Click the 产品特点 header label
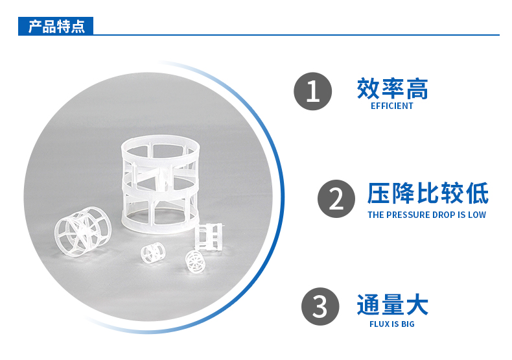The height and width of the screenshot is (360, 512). [x=56, y=26]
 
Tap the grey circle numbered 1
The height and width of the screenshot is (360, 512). [x=313, y=91]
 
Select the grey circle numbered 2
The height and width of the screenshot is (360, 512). [x=336, y=198]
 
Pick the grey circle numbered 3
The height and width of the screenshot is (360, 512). [x=320, y=306]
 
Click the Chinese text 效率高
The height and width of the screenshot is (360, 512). [x=392, y=88]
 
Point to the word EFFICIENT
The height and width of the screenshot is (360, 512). [x=392, y=106]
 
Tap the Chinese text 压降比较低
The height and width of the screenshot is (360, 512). [x=428, y=193]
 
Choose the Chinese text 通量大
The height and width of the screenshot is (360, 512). [x=392, y=305]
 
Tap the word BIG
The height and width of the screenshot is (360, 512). [x=408, y=324]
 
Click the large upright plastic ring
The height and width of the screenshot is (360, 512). [x=160, y=185]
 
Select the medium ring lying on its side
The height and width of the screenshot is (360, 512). [x=83, y=232]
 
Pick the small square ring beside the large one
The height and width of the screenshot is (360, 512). [x=208, y=237]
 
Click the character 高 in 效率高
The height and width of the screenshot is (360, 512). [x=417, y=88]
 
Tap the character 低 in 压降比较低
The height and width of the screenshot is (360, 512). [x=478, y=193]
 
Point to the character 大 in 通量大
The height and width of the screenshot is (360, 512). [x=417, y=305]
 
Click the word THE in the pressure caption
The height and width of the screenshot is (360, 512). [x=375, y=215]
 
